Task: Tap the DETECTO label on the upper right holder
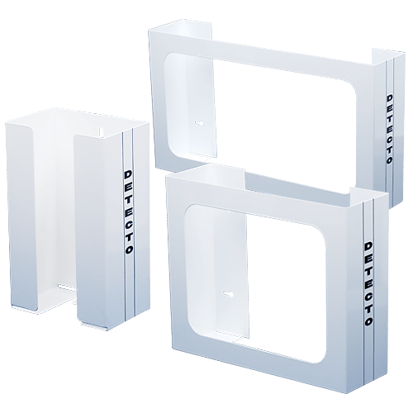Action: pyautogui.click(x=389, y=128)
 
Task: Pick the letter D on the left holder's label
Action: pyautogui.click(x=126, y=174)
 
